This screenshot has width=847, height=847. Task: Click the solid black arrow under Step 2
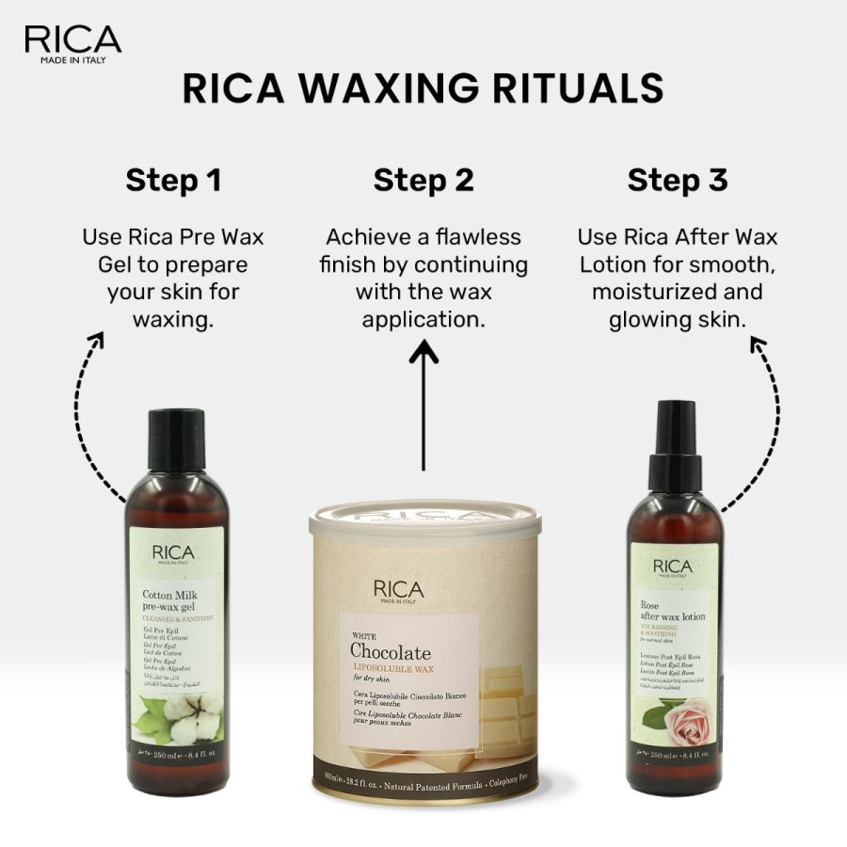(423, 405)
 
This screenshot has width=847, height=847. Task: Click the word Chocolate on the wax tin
(390, 651)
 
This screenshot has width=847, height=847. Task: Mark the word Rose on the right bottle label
(651, 605)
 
